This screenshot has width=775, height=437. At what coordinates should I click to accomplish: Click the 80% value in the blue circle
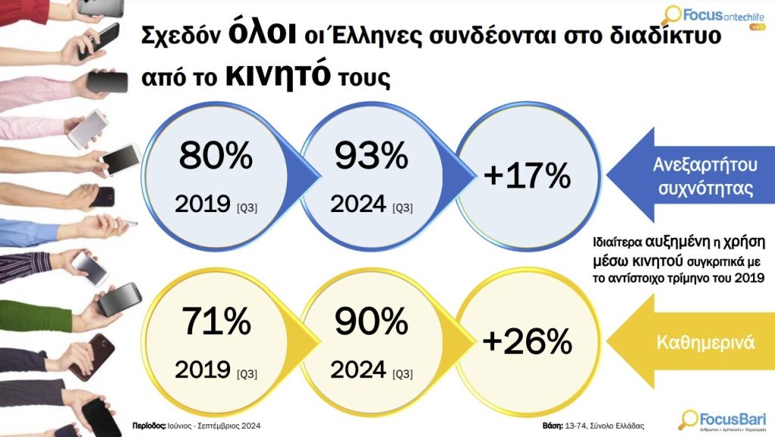(216, 156)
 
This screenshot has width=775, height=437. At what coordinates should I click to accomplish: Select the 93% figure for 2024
(371, 156)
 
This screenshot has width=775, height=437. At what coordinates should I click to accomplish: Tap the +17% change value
(528, 176)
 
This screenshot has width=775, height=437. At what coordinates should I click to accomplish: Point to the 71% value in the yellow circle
(215, 323)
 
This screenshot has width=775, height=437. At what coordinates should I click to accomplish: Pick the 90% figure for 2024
(371, 323)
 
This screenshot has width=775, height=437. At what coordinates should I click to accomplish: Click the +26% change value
(528, 342)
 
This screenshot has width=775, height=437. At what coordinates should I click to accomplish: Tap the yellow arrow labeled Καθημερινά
(693, 342)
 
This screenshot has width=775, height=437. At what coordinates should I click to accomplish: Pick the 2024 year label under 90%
(359, 370)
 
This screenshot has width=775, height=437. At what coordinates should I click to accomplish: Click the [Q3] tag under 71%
(247, 373)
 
